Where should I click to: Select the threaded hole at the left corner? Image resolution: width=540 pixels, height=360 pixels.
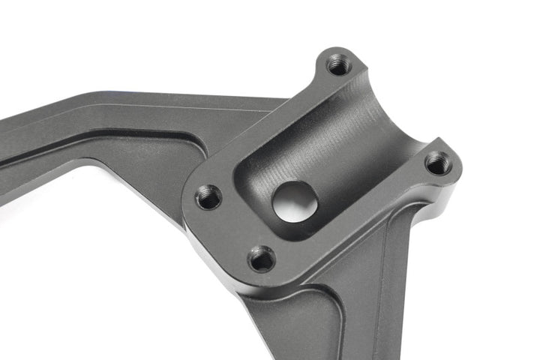[208, 198]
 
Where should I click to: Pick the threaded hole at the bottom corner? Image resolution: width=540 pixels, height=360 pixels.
[262, 259]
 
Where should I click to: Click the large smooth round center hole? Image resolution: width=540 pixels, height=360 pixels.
[295, 200]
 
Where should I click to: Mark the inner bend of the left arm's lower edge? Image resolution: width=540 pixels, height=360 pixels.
[90, 161]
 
